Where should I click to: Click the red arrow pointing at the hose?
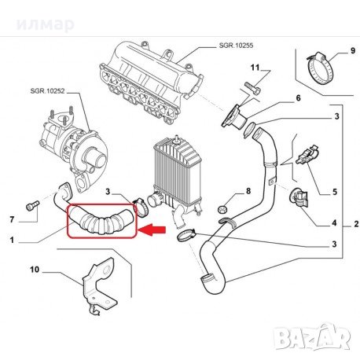coord(152,230)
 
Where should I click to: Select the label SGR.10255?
coord(236,46)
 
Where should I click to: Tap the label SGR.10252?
coord(47,91)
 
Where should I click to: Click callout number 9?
coord(353,50)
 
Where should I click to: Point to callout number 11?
coord(255,68)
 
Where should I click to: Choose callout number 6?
coord(298,98)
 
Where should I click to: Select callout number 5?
coord(335,192)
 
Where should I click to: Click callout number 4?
coord(334,223)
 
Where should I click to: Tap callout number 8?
coord(248,191)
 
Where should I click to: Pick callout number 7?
coord(12,219)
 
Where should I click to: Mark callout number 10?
coord(35,270)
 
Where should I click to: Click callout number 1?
coord(12,240)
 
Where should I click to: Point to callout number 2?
coord(356,224)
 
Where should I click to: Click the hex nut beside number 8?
coord(222,209)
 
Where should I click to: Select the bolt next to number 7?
coord(32,205)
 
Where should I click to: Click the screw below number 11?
coord(253,88)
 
